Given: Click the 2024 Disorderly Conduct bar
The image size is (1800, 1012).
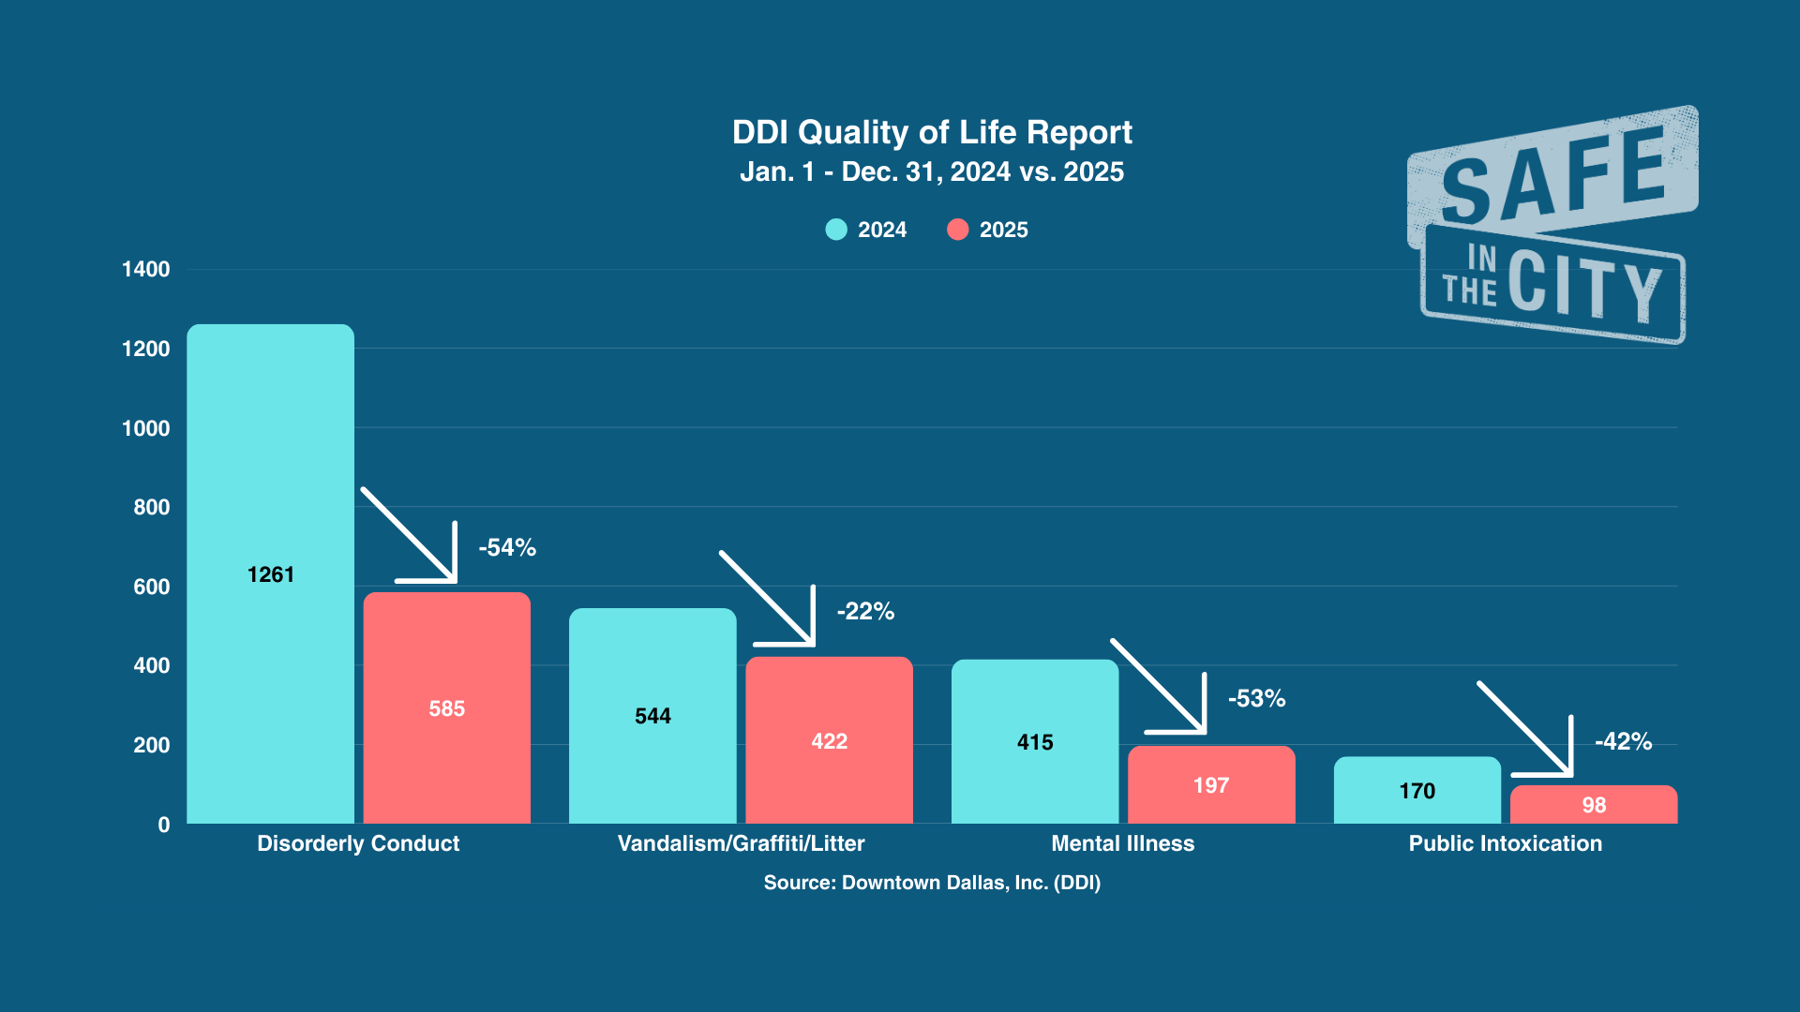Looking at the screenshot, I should click(x=270, y=469).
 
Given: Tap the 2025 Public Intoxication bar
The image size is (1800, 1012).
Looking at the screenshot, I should click(x=1594, y=805).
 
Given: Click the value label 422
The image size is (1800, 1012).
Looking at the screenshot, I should click(x=829, y=741).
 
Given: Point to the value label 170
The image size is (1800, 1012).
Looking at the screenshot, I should click(x=1417, y=791).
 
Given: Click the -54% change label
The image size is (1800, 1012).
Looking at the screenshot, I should click(x=507, y=547).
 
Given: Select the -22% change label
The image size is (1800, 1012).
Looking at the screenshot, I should click(x=865, y=611).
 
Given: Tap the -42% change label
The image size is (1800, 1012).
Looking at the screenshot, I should click(x=1623, y=741).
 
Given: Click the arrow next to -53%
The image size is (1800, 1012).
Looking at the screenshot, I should click(x=1162, y=689).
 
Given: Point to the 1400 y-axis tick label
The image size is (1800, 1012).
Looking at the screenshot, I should click(x=146, y=270).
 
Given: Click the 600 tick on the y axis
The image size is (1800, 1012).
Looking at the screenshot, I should click(x=152, y=587).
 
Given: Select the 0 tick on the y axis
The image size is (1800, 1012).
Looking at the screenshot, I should click(x=164, y=825).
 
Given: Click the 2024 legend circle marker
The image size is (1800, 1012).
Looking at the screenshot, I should click(x=836, y=230).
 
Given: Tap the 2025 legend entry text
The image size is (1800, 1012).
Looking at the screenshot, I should click(x=1003, y=230).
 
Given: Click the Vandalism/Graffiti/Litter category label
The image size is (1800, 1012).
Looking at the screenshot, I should click(x=741, y=843).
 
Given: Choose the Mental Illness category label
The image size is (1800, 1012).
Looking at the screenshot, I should click(x=1122, y=843).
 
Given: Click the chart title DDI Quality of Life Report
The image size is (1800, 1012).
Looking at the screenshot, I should click(x=932, y=132).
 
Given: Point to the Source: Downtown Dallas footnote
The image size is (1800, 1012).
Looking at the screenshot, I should click(x=932, y=883).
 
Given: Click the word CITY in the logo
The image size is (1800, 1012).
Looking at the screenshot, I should click(x=1584, y=286).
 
